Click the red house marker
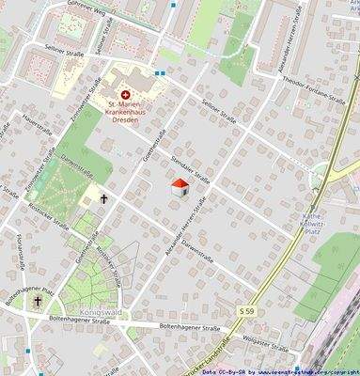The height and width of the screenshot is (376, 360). [x=180, y=188]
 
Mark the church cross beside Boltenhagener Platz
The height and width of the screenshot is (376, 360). [x=38, y=302]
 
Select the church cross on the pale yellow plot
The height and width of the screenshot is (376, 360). [x=102, y=198]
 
